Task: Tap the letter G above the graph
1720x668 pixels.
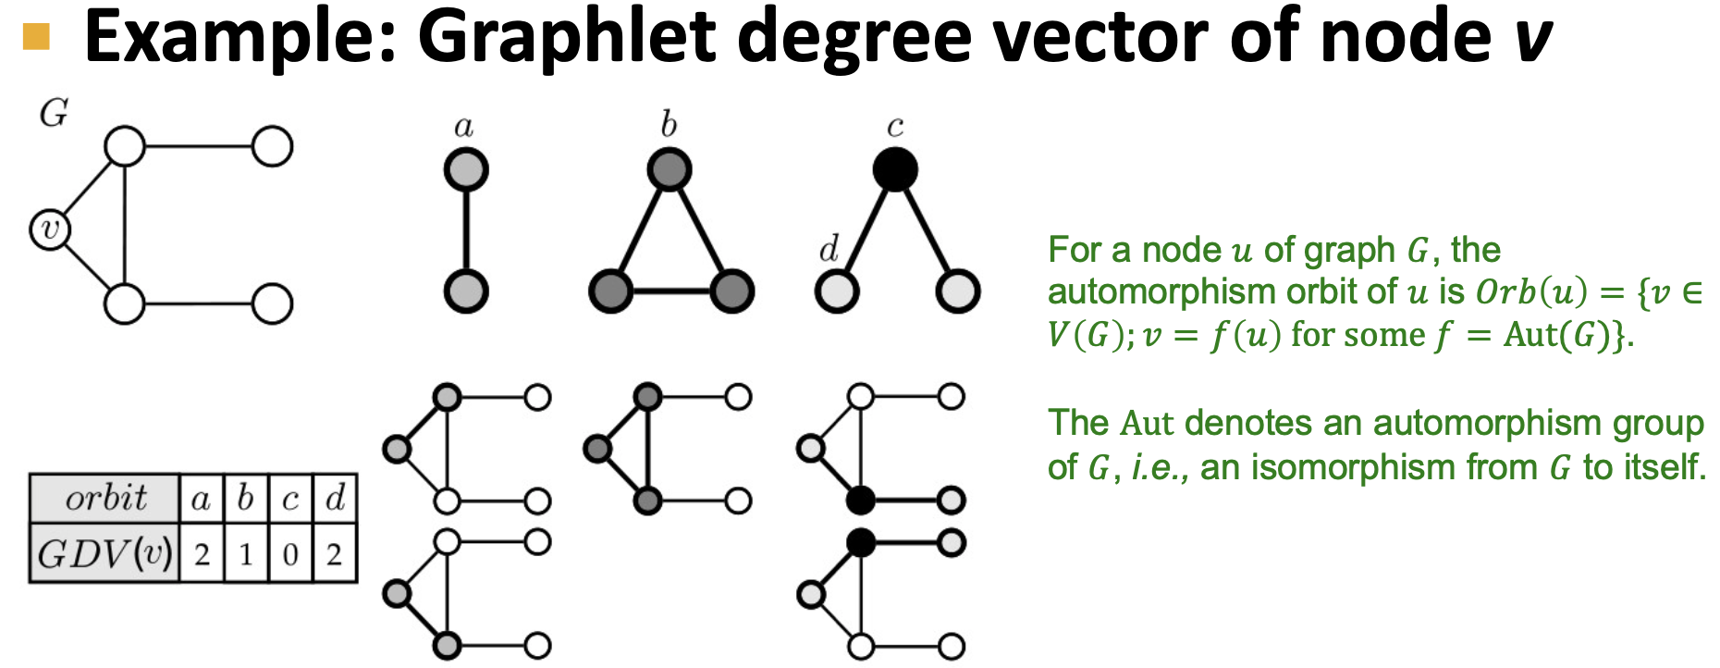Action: pos(54,114)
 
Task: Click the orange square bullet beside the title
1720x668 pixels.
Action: pos(36,36)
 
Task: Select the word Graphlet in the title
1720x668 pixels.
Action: pos(566,37)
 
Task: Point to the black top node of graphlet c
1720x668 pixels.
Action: pos(894,170)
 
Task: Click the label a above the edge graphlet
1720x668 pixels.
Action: pos(464,127)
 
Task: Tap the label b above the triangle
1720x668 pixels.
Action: pos(669,124)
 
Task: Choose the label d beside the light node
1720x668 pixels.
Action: pos(829,250)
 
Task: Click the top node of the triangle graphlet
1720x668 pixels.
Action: pos(669,170)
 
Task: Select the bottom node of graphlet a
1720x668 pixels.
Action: pos(465,291)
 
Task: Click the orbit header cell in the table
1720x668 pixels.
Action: pos(104,499)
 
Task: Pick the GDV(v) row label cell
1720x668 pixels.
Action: pos(104,554)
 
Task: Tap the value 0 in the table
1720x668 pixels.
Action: pos(290,555)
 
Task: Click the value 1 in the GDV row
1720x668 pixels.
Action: pos(245,555)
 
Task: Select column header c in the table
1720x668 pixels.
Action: pos(290,500)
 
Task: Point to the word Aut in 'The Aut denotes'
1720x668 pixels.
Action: pos(1147,424)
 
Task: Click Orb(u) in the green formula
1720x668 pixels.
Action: pos(1530,292)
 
